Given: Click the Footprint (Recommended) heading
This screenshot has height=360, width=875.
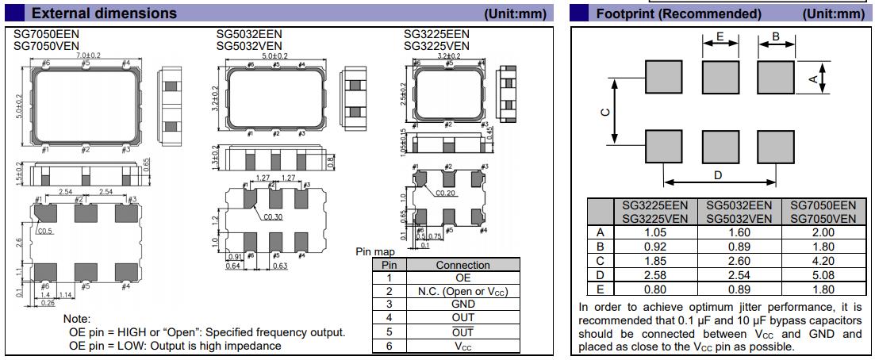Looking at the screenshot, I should coord(677,13).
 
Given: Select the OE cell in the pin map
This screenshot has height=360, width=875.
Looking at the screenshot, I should coord(463,278).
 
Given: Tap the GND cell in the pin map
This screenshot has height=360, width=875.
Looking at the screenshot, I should coord(463,304).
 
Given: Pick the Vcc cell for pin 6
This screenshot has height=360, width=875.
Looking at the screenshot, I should coord(463,346).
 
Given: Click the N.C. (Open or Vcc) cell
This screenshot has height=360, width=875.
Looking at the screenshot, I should coord(463,291).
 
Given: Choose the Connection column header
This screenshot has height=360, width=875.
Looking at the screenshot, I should coord(463,265).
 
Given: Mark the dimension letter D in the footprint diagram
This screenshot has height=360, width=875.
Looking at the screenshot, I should coord(719,176).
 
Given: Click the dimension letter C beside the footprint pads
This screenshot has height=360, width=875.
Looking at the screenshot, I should coord(606,112).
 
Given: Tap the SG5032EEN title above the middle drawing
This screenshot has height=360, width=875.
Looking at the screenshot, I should coord(249,34).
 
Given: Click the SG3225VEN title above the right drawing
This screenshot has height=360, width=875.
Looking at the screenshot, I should coord(436,46).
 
